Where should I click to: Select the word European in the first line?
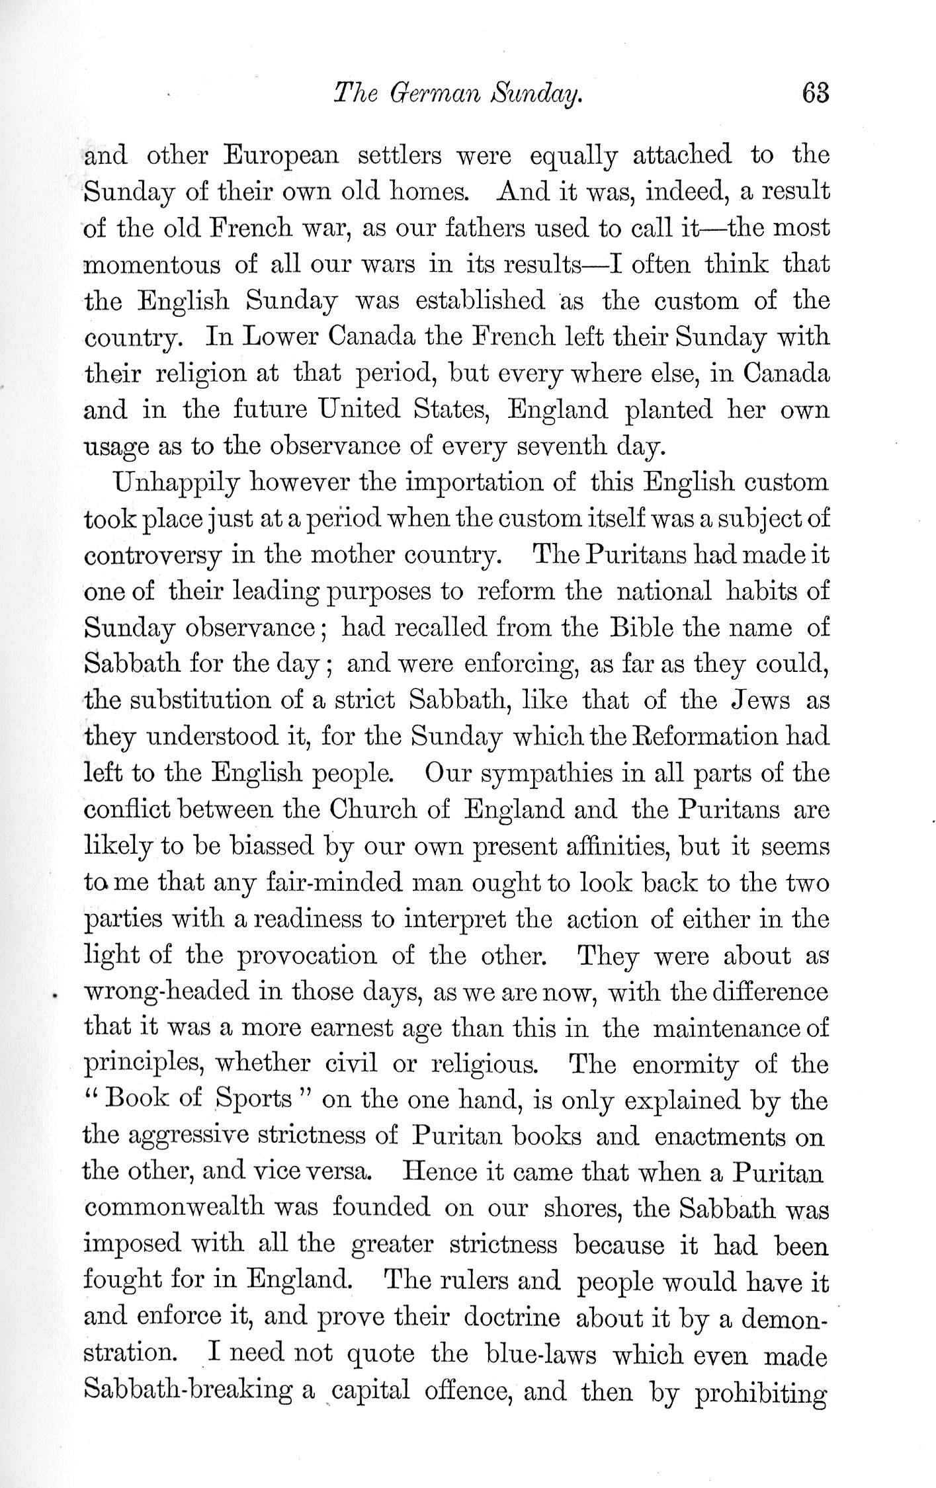click(281, 156)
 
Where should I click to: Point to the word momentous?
click(153, 265)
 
